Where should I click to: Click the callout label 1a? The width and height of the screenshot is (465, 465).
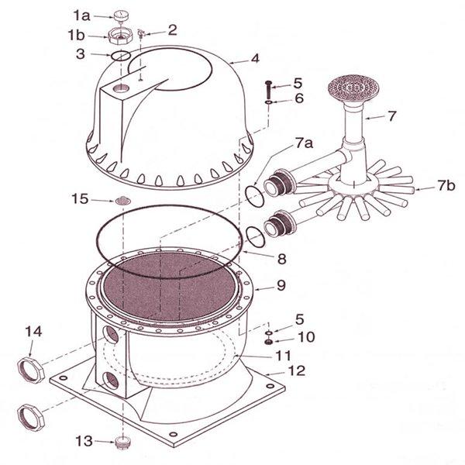[x=81, y=15]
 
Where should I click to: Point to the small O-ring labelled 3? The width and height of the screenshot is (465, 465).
[x=120, y=56]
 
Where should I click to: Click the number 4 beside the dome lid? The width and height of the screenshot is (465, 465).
[x=255, y=58]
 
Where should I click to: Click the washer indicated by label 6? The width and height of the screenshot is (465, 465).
[x=269, y=102]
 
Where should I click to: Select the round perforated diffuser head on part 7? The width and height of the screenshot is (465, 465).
[x=353, y=88]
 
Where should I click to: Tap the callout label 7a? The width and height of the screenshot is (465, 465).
[x=305, y=143]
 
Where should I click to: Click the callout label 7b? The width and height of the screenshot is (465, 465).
[x=446, y=186]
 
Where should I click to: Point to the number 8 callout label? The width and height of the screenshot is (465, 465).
[x=282, y=259]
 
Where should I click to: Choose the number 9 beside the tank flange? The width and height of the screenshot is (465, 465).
[x=281, y=285]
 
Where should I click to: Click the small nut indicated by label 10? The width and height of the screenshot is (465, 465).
[x=269, y=343]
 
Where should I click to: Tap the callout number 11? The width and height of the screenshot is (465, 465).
[x=284, y=355]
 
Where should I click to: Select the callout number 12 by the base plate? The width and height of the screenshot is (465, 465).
[x=297, y=370]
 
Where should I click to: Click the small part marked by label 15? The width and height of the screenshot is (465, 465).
[x=122, y=201]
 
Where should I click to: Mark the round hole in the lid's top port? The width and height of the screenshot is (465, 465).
[x=122, y=87]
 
